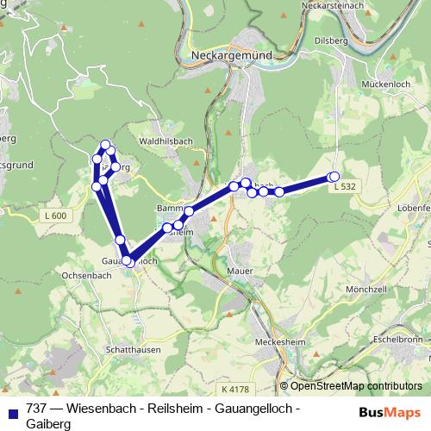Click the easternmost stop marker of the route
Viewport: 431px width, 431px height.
coord(334,177)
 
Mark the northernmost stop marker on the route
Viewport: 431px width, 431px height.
coord(106,145)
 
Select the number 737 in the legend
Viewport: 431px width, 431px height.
coord(36,408)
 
